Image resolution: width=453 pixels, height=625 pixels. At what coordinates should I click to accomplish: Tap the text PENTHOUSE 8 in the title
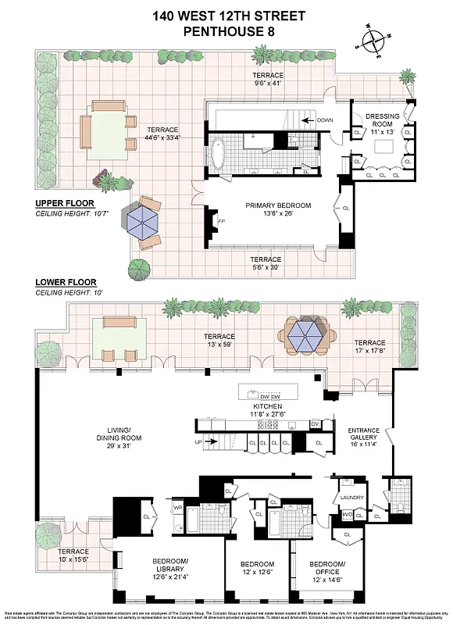tap(226, 32)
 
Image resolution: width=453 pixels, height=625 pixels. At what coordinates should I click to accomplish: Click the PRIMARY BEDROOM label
tap(278, 206)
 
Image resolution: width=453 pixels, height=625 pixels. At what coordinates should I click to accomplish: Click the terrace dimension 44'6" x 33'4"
tap(161, 137)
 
